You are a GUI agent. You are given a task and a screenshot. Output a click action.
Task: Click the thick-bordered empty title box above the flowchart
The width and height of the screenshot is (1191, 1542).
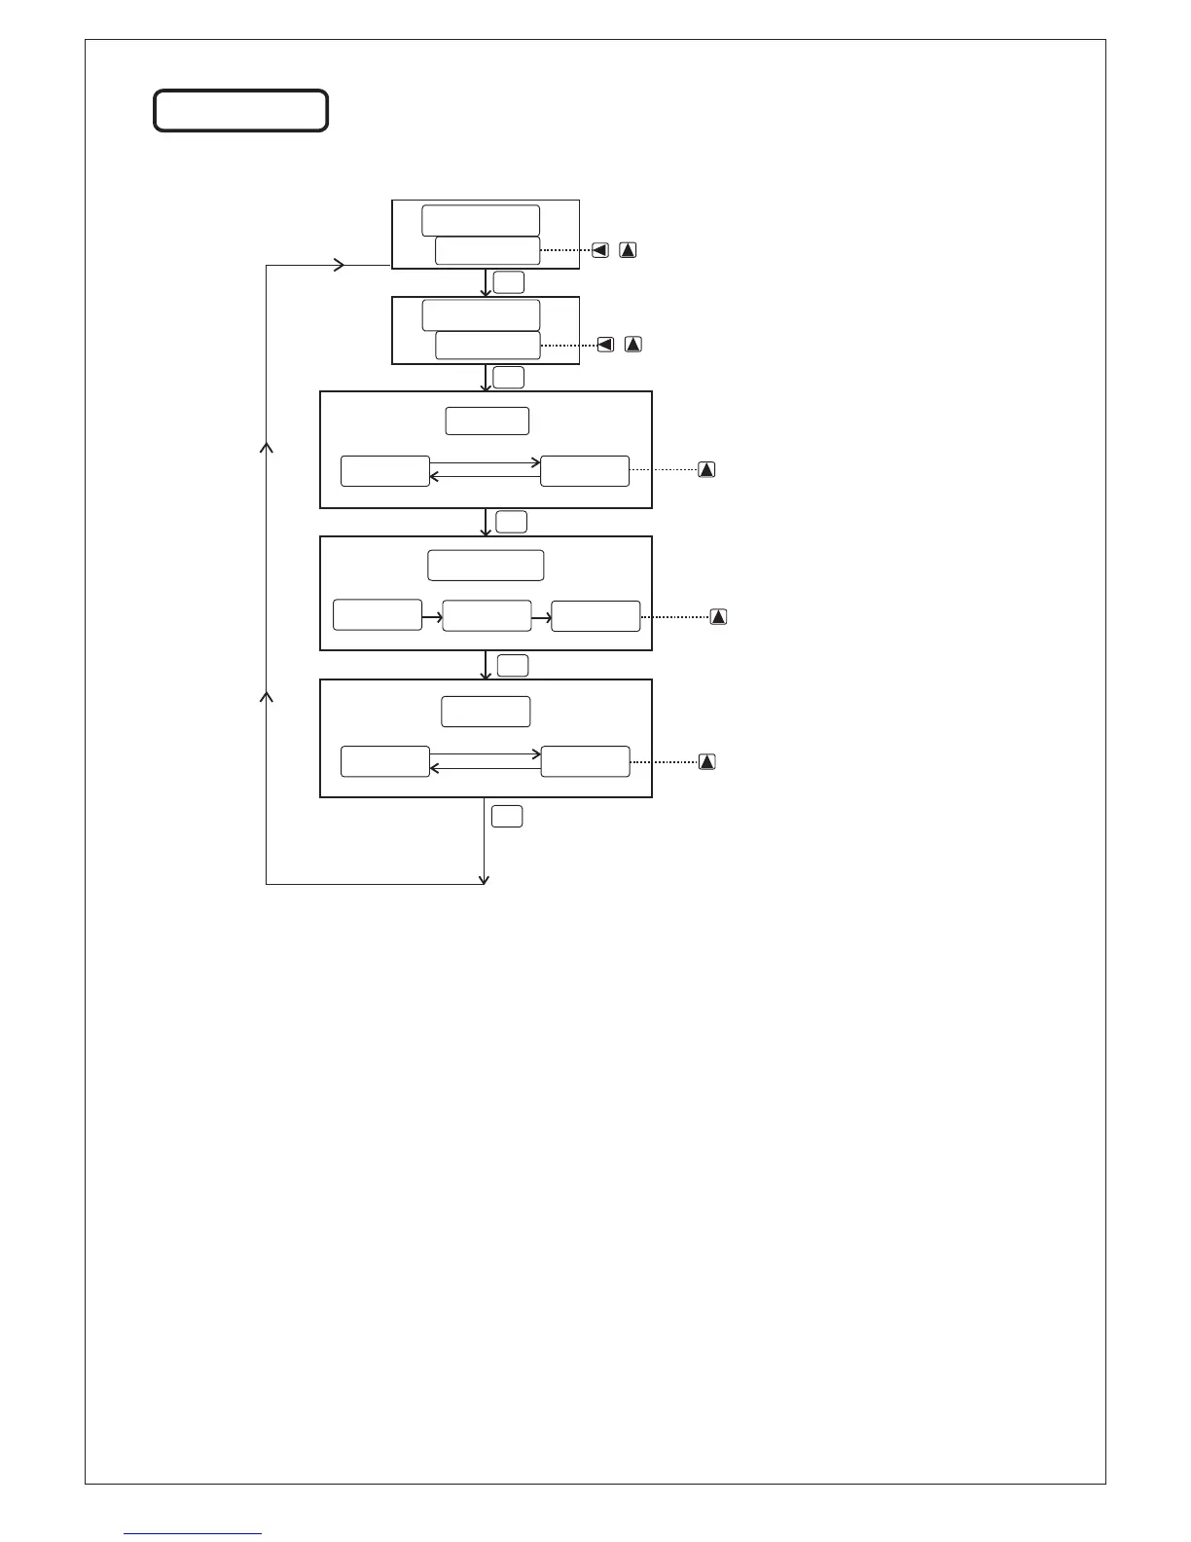coord(240,111)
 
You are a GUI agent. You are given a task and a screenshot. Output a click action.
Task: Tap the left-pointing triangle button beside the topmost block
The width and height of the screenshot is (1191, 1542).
coord(600,250)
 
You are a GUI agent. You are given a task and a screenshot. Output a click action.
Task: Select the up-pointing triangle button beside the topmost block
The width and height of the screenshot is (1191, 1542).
coord(629,250)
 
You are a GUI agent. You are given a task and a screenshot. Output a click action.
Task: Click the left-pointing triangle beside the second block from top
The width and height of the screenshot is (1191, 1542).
coord(605,344)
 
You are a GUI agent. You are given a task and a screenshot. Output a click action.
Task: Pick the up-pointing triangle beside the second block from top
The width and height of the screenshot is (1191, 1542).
coord(633,344)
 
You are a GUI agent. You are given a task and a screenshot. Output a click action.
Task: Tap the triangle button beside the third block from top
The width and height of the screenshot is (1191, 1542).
coord(707,469)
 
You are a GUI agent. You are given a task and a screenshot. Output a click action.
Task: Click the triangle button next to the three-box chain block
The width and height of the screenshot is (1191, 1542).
coord(718,616)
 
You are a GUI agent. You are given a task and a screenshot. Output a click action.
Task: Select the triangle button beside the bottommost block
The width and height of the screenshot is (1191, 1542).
coord(707,761)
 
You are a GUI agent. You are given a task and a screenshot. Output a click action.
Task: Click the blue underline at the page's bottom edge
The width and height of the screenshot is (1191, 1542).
coord(194,1533)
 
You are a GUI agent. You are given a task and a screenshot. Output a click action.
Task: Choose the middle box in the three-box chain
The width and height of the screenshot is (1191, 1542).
coord(487,616)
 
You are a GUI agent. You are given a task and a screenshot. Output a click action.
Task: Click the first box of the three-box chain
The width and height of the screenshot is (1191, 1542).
coord(378,615)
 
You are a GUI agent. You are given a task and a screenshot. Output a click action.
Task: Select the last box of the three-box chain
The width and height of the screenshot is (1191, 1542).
coord(595,616)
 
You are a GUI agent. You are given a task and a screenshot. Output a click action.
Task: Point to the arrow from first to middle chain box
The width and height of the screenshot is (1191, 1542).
coord(432,616)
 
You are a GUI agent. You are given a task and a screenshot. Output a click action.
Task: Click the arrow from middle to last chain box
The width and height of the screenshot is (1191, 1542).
coord(541,616)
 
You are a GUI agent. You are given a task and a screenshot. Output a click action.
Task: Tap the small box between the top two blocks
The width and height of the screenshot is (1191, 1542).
coord(508,282)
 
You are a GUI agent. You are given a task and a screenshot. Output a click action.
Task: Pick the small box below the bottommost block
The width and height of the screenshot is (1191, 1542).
coord(507,817)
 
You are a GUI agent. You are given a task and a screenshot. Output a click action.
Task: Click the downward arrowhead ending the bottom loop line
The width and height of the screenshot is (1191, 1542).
coord(485,880)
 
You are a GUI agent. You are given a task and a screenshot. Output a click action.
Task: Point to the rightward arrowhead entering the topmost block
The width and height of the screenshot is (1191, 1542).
coord(340,265)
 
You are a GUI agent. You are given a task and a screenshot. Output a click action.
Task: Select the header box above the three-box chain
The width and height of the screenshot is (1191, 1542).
coord(486,566)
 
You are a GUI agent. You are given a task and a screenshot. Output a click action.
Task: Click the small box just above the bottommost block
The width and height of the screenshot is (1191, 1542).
coord(513,666)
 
